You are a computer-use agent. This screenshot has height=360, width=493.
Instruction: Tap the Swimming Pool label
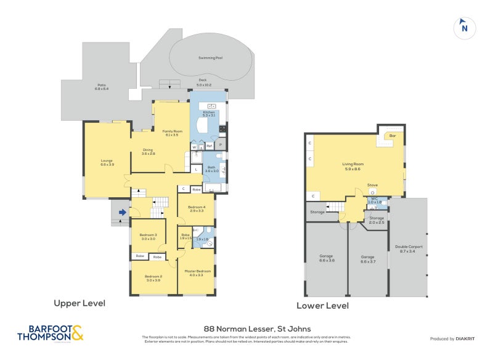(x=210, y=57)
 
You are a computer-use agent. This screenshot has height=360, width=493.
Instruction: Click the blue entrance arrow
(x=122, y=213)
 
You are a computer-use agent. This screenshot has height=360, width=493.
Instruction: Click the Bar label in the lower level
(x=392, y=134)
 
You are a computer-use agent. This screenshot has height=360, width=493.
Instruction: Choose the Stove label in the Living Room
(x=372, y=185)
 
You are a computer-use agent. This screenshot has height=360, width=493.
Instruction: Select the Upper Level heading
(x=79, y=303)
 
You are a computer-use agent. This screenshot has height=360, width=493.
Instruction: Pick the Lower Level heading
(x=322, y=306)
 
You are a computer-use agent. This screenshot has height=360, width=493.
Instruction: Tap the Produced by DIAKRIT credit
(x=453, y=339)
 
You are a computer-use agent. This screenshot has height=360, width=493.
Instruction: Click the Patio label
(x=102, y=86)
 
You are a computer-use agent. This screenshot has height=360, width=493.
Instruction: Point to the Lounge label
(x=107, y=162)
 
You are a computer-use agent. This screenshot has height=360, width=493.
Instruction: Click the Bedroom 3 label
(x=147, y=235)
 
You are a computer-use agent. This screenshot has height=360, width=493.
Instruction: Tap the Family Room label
(x=170, y=131)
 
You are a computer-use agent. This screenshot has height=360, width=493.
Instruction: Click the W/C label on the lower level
(x=373, y=198)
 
